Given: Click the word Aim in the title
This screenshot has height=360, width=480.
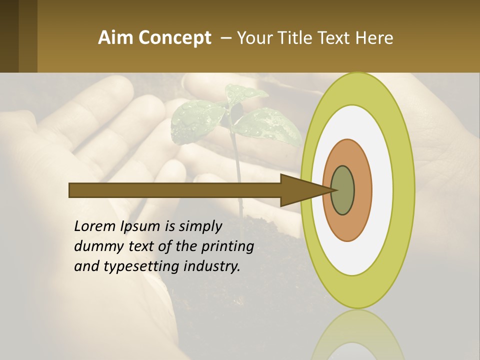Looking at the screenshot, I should click(116, 38).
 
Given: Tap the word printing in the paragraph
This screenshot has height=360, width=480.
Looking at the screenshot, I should click(227, 247).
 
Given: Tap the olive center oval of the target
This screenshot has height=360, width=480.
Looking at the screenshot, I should click(342, 190).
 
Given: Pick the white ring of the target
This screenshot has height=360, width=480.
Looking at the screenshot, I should click(382, 190).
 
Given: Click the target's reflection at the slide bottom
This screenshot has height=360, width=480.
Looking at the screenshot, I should click(357, 337).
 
